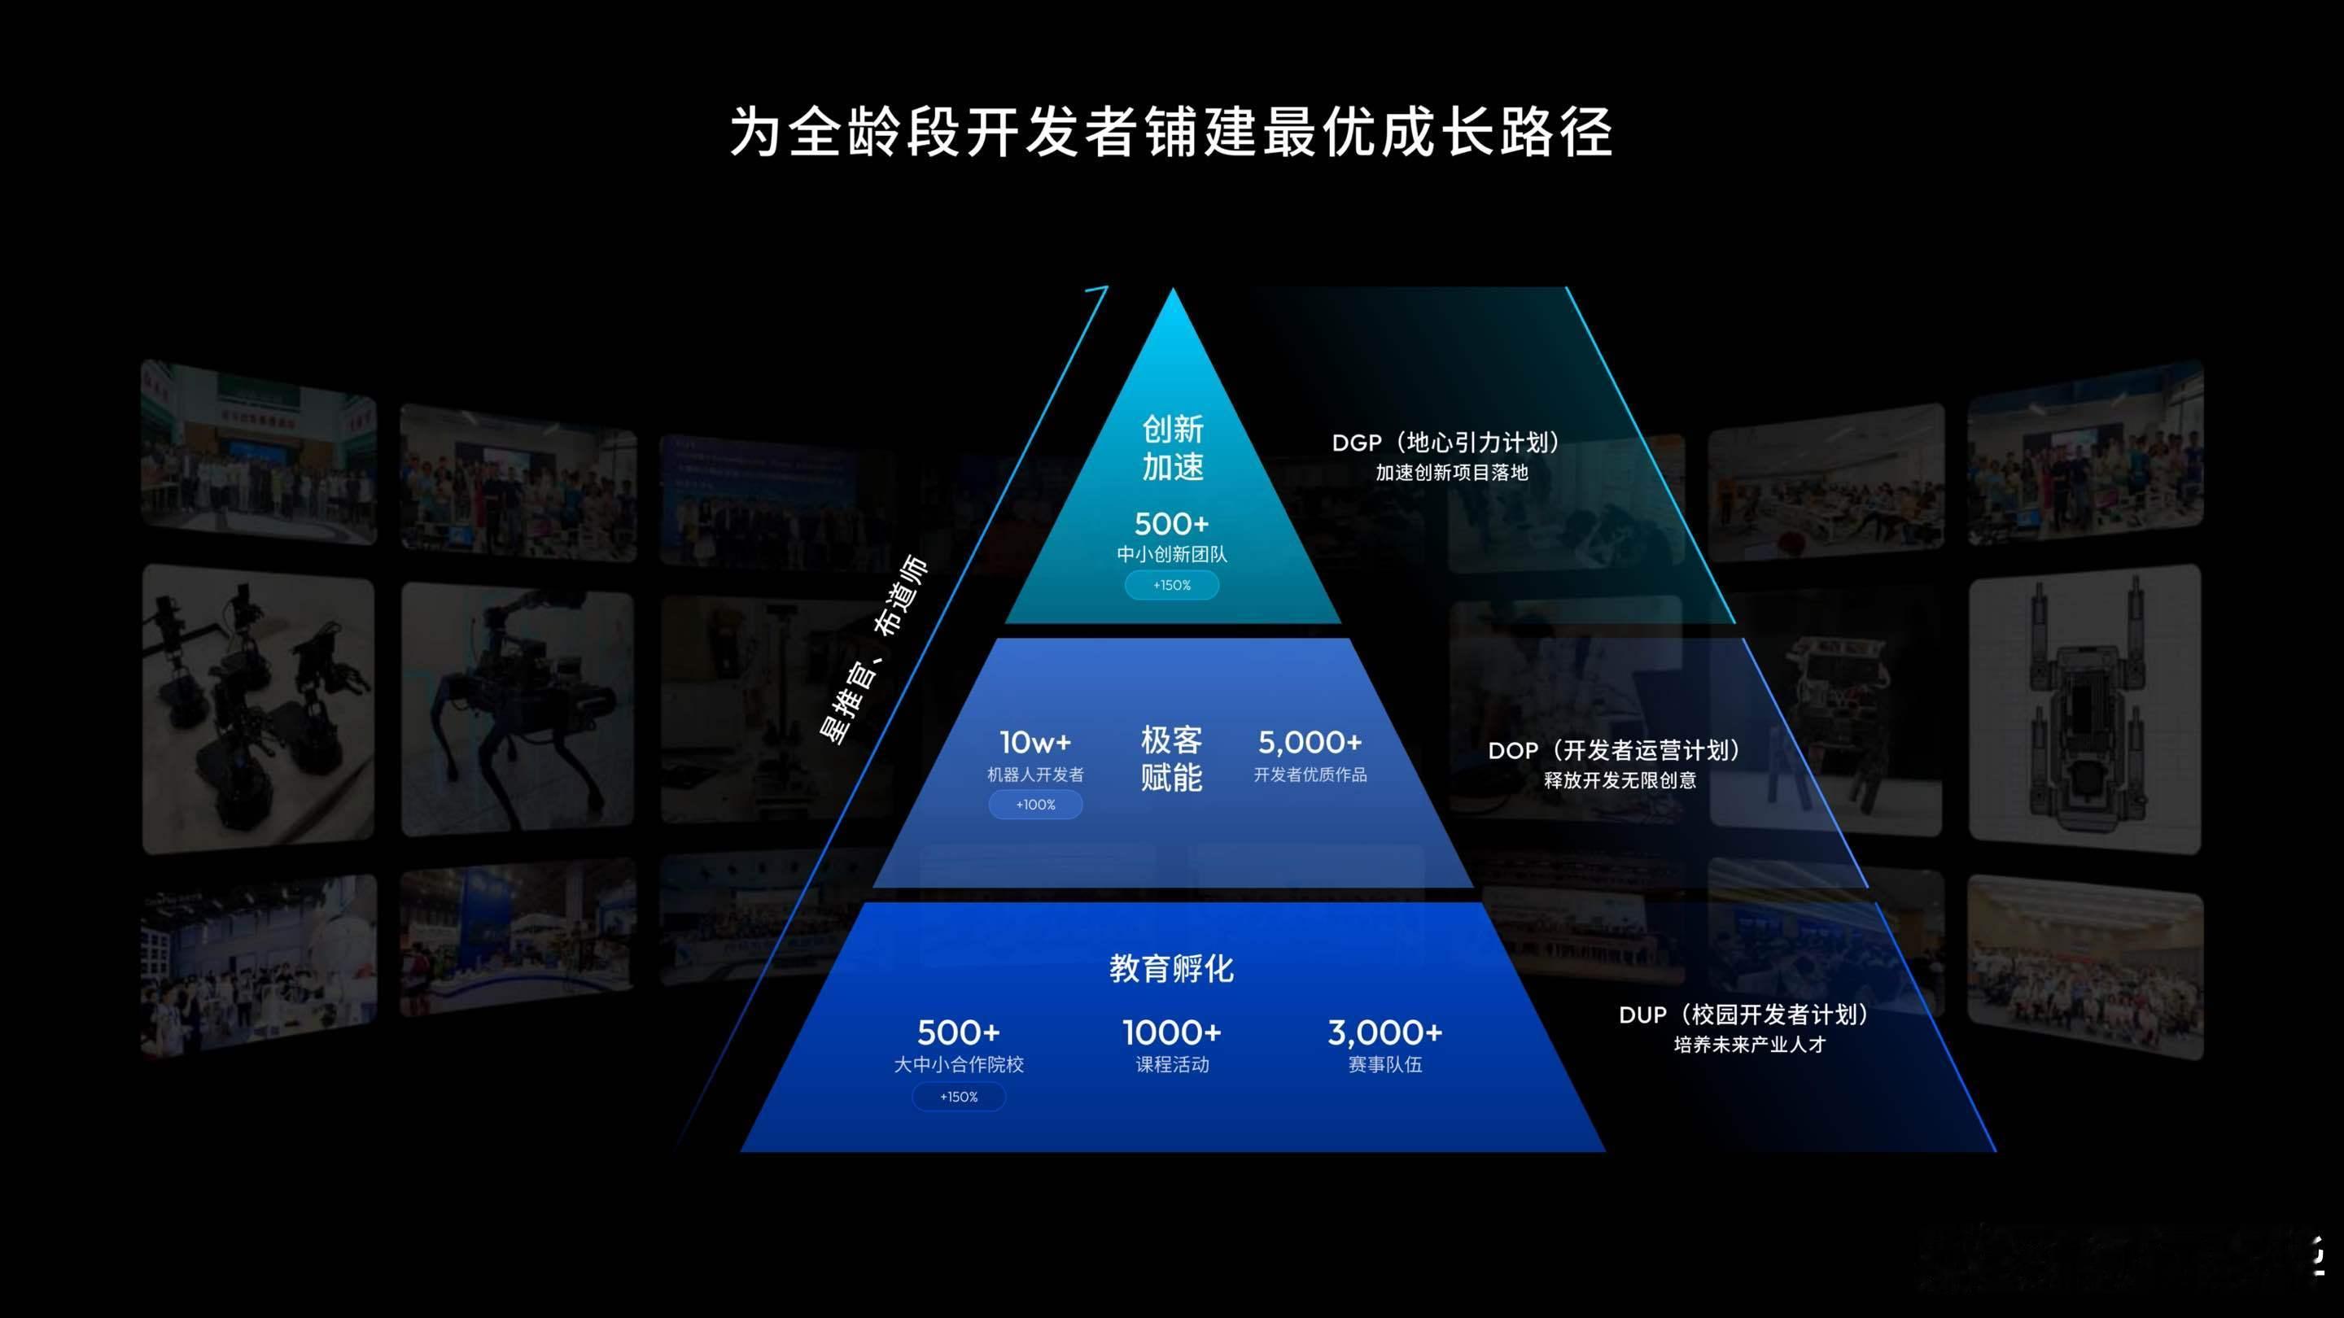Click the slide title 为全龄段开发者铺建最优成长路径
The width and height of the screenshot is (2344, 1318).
1171,133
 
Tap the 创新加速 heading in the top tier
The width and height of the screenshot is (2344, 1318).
1173,447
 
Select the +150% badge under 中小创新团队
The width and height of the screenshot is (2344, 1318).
1172,585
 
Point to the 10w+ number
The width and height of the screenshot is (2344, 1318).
1035,742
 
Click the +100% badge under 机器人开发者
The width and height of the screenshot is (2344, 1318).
1035,805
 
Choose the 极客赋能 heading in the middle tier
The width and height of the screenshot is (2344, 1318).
1172,758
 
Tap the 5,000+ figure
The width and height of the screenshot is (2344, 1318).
1310,742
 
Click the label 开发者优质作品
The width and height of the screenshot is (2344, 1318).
1310,774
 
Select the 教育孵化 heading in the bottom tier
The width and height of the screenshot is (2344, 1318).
1172,969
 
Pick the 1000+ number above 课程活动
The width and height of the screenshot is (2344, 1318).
1172,1032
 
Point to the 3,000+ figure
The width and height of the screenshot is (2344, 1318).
1385,1032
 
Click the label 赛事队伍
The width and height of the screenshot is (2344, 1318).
1385,1064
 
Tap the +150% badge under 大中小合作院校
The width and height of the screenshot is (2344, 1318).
959,1097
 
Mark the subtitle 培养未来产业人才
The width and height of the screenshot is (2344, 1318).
1750,1044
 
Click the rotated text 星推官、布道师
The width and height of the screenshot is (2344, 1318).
873,649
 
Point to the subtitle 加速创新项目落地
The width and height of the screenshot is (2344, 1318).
1451,473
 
